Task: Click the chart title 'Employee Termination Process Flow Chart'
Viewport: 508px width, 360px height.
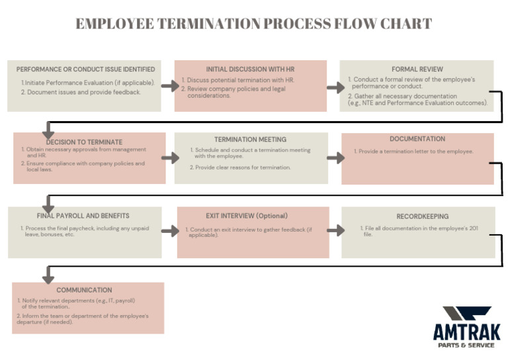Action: point(254,24)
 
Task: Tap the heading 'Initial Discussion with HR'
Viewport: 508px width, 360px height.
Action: point(250,69)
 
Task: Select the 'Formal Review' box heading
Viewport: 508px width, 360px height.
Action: point(417,69)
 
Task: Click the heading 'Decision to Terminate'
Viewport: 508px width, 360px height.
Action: point(84,142)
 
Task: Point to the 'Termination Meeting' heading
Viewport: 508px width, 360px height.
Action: point(250,140)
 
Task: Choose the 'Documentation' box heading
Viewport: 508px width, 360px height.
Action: point(417,139)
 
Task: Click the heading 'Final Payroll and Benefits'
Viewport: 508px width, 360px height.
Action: point(83,216)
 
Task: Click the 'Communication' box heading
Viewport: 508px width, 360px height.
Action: point(84,290)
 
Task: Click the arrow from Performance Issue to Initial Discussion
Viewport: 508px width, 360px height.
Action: point(169,86)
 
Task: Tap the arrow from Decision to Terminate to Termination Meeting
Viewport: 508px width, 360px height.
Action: point(169,157)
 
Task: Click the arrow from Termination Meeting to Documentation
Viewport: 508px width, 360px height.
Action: point(335,157)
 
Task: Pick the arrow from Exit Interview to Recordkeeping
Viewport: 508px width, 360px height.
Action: point(335,230)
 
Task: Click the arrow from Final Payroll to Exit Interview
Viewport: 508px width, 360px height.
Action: point(169,230)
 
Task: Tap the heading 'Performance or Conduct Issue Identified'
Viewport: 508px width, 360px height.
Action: point(86,69)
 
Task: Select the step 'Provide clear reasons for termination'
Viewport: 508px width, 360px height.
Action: point(243,167)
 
